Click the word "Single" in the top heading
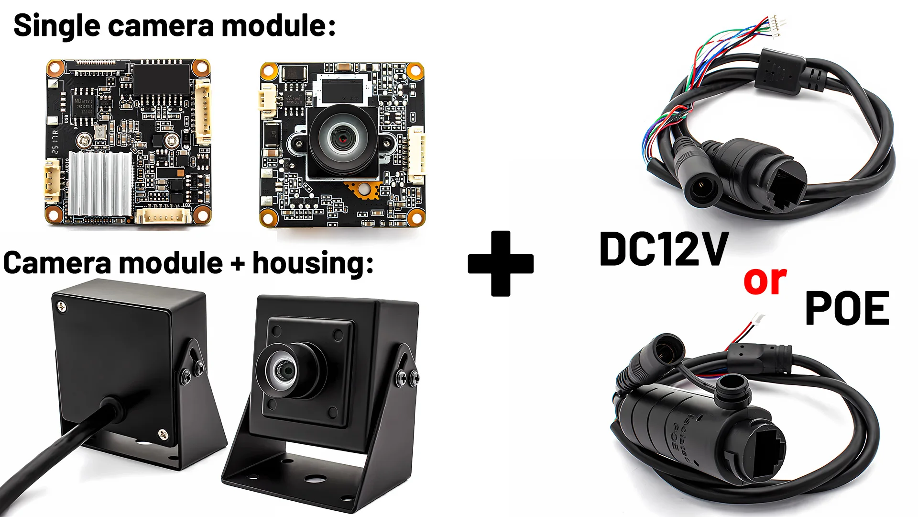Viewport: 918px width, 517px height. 56,26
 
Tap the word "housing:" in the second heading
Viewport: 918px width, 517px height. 313,263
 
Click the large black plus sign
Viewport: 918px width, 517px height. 501,264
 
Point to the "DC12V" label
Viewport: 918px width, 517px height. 664,249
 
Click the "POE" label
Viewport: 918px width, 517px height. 847,309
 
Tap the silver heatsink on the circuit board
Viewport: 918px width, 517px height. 100,183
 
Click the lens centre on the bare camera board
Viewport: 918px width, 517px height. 343,138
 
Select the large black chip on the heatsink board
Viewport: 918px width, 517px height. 161,79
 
